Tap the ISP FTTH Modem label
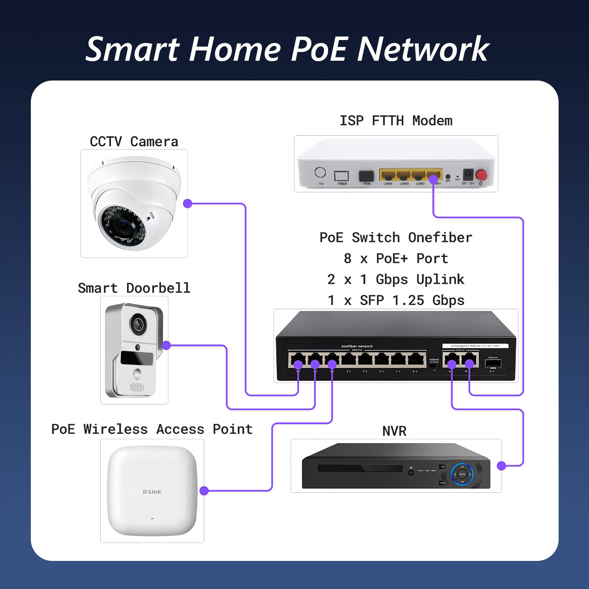(x=396, y=121)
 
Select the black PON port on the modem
(x=366, y=176)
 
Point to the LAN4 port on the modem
(x=388, y=175)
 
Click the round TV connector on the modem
(x=320, y=173)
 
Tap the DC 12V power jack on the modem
(x=468, y=175)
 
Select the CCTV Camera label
(x=134, y=142)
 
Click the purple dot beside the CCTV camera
(x=188, y=203)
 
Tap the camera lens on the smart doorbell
(x=138, y=324)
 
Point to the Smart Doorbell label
(x=134, y=288)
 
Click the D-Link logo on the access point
(x=152, y=491)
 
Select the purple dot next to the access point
(x=204, y=491)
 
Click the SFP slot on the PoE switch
(x=493, y=364)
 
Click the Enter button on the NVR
(x=462, y=474)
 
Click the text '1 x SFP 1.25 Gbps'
(x=396, y=300)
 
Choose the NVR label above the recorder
(x=394, y=431)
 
